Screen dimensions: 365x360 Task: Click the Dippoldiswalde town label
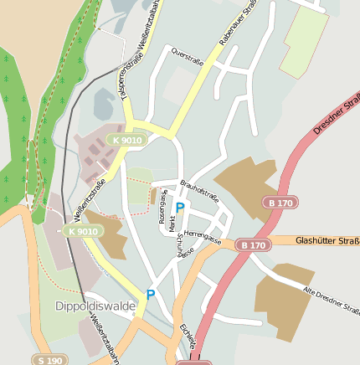pos(95,306)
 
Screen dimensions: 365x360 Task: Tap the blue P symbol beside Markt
pos(180,208)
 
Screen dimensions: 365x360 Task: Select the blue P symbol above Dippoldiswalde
pos(151,295)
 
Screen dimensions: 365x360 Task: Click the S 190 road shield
pos(50,360)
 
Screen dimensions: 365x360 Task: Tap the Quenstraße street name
pos(187,54)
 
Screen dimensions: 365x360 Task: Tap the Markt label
pos(172,223)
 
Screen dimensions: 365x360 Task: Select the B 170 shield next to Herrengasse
pos(251,245)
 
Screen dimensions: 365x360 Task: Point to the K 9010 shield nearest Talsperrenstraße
pos(126,141)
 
